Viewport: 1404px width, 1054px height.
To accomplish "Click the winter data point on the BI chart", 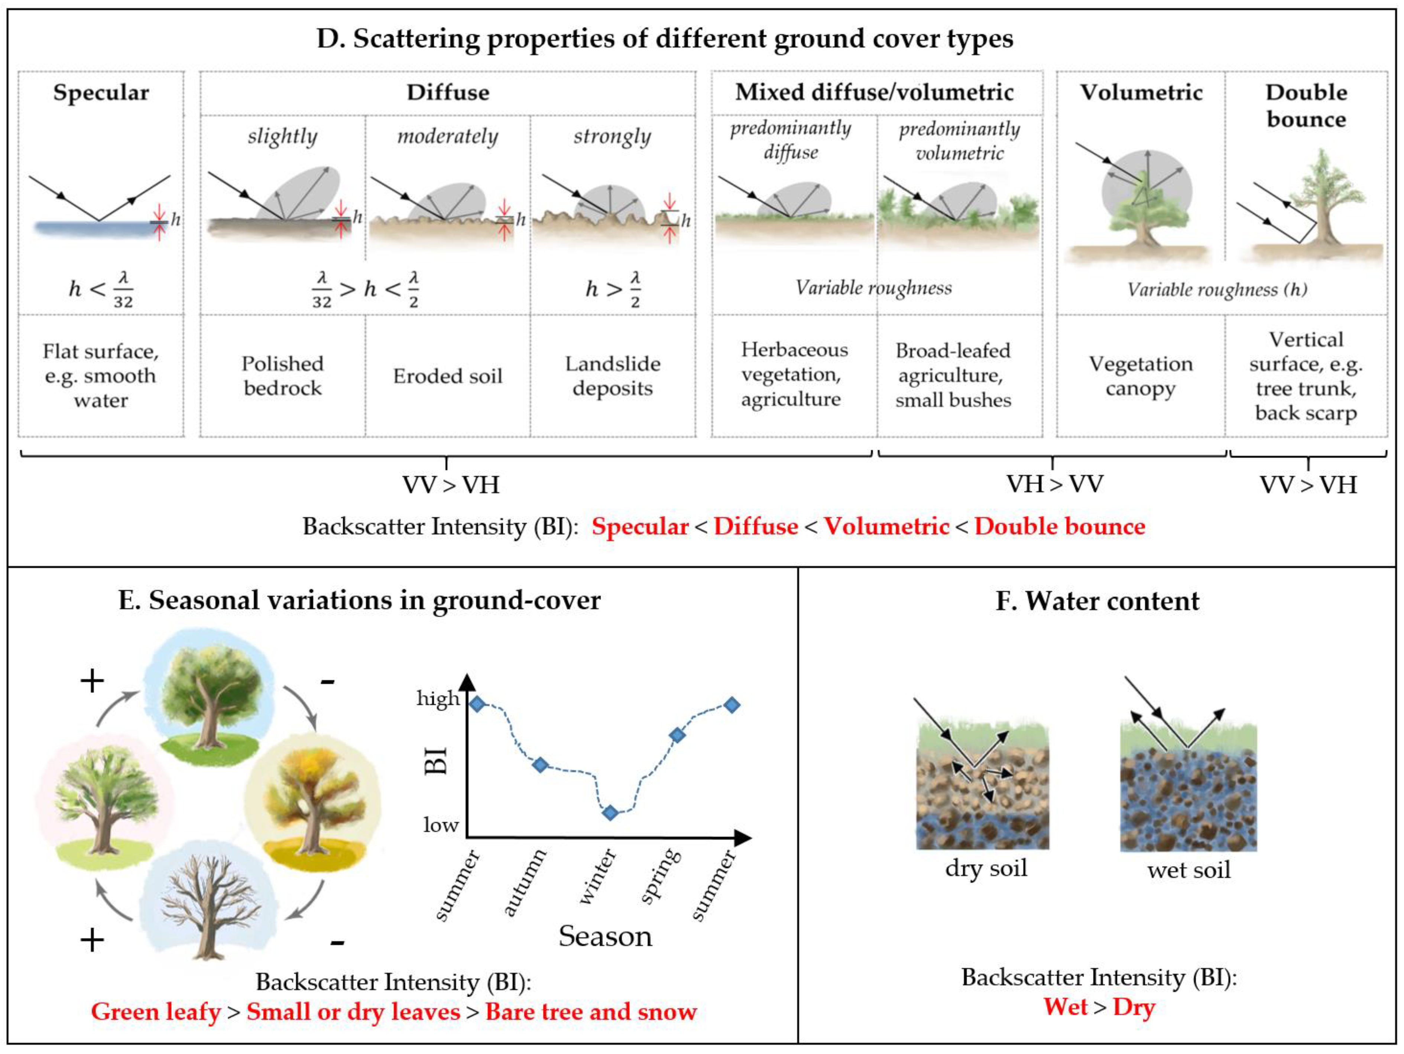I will [x=610, y=813].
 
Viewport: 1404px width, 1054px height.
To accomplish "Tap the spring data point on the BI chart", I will [x=677, y=735].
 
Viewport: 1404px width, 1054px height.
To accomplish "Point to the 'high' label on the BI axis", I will [x=437, y=699].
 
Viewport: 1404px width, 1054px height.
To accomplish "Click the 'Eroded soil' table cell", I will [x=447, y=376].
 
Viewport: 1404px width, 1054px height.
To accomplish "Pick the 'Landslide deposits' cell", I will [x=613, y=376].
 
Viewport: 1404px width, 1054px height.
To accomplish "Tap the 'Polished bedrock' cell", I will [x=282, y=376].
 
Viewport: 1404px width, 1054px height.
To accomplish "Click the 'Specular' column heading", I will [x=101, y=93].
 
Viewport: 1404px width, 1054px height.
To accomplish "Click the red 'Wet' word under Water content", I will [x=1066, y=1007].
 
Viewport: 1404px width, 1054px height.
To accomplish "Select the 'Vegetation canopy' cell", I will [x=1141, y=376].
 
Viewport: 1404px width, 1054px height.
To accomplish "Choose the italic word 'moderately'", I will [x=447, y=136].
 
